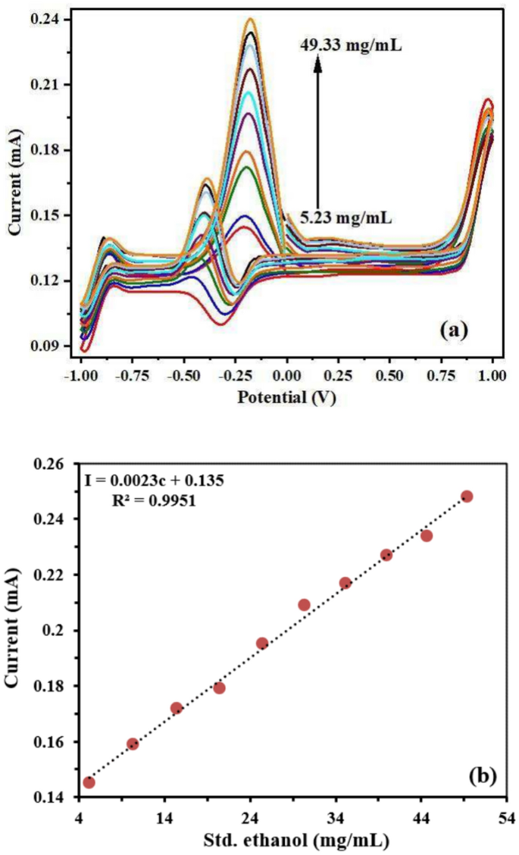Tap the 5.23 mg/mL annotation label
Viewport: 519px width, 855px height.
[345, 218]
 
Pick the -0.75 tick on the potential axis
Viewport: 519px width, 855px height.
[132, 375]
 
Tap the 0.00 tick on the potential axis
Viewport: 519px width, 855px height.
[286, 375]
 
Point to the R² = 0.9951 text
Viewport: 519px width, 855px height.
[153, 500]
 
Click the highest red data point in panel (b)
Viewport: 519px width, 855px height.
[467, 496]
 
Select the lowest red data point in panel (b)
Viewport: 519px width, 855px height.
[89, 782]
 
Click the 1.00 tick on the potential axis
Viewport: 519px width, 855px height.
[492, 375]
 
